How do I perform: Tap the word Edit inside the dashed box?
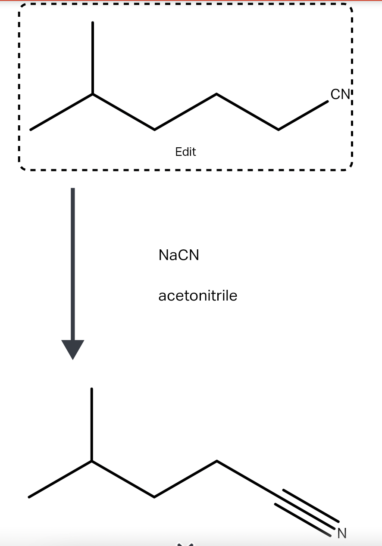[x=185, y=152]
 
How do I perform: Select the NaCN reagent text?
[x=179, y=255]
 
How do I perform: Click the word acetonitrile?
[x=198, y=296]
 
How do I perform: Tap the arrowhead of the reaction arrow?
[x=73, y=349]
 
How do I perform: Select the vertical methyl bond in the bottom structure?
[x=91, y=425]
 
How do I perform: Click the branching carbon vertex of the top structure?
[x=92, y=94]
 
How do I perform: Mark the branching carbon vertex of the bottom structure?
[x=91, y=461]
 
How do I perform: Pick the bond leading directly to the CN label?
[x=303, y=115]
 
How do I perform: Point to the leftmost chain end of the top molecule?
[x=31, y=129]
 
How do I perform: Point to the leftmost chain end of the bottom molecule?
[x=29, y=497]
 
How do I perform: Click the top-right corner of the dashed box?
[x=351, y=7]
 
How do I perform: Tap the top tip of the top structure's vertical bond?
[x=92, y=22]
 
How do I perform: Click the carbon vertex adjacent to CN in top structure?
[x=279, y=130]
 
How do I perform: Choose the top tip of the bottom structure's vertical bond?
[x=91, y=389]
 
